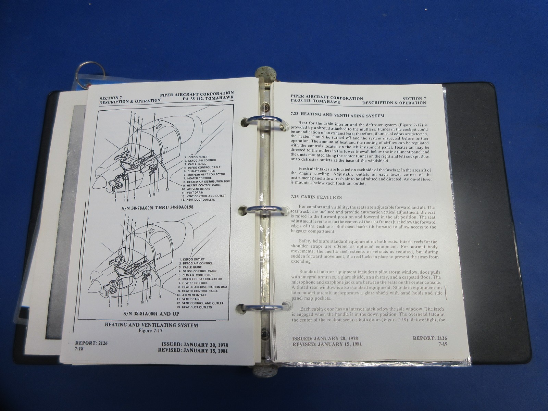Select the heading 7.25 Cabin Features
315,197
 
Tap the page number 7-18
79,348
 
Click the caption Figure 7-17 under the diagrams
151,331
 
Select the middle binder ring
264,210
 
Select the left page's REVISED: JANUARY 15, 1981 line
193,350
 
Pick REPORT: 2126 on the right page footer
429,338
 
